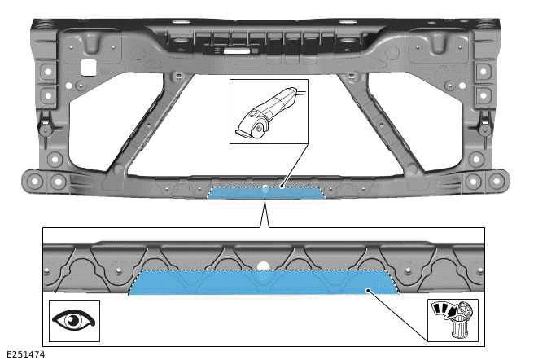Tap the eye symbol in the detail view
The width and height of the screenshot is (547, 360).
73,320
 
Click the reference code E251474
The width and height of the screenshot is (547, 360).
25,354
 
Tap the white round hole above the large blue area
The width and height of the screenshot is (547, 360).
262,265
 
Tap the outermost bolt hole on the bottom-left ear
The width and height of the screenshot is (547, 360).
31,179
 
